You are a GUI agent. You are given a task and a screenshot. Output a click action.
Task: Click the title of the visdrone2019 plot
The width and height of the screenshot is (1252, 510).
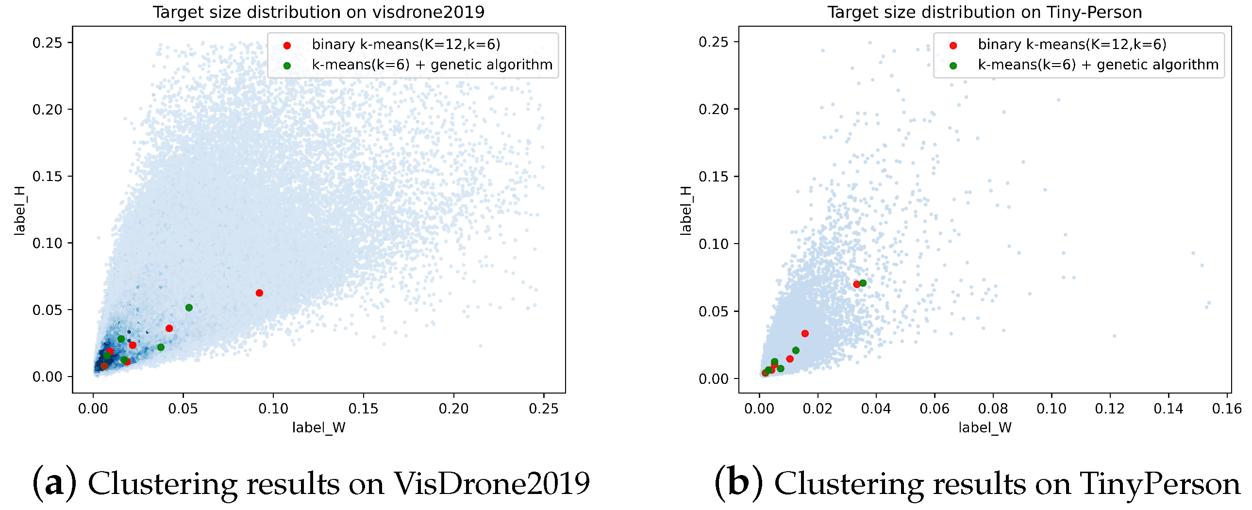coord(318,12)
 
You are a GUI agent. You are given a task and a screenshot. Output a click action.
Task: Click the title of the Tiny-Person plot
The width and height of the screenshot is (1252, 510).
coord(984,12)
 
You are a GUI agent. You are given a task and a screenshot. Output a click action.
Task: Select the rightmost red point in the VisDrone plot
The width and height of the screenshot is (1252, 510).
coord(259,293)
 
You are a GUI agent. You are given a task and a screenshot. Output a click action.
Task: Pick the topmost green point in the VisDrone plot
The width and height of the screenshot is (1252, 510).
coord(189,308)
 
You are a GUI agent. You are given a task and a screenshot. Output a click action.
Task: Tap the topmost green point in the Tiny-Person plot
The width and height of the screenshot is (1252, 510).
coord(863,283)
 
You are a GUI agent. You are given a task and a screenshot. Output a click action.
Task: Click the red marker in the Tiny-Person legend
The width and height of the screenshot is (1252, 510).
coord(953,45)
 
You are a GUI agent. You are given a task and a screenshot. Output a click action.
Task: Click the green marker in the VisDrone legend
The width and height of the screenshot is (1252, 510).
coord(287,66)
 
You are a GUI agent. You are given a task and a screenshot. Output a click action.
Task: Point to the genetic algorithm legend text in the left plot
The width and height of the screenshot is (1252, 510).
coord(432,65)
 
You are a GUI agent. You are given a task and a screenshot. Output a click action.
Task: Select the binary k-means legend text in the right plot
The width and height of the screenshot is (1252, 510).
coord(1072,45)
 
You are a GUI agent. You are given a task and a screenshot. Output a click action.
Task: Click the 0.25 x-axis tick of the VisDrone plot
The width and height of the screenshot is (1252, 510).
coord(543,409)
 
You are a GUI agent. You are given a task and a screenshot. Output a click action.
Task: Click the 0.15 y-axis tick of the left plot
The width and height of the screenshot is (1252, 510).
coord(47,176)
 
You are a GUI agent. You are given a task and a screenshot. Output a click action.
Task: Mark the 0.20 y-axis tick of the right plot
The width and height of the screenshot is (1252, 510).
coord(713,109)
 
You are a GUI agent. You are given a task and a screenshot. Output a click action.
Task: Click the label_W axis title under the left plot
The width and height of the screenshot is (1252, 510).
coord(318,428)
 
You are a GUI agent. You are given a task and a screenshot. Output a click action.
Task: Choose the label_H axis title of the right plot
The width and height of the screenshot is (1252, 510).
coord(686,211)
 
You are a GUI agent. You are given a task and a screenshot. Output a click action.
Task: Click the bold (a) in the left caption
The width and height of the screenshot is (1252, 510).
coord(54,484)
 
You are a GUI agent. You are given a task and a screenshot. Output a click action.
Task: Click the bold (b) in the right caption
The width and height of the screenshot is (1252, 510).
coord(738,484)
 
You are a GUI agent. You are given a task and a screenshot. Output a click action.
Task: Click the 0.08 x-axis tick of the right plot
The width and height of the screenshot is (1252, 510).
coord(993,409)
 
